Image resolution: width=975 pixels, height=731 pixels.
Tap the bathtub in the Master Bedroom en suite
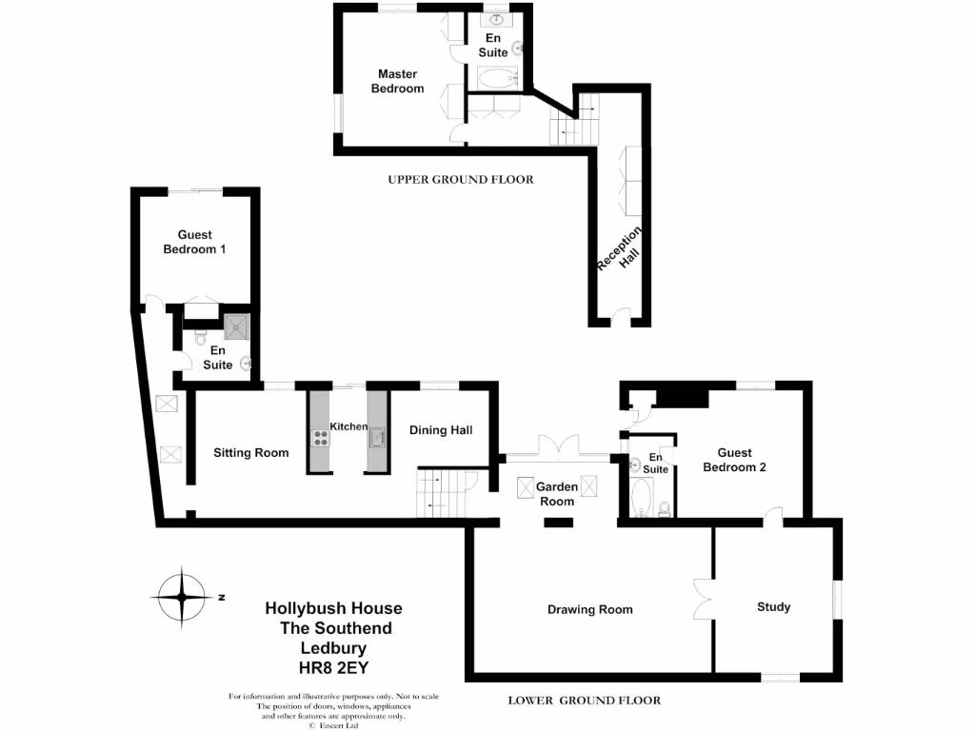pyautogui.click(x=496, y=78)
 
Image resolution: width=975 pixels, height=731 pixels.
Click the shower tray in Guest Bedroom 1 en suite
pyautogui.click(x=236, y=328)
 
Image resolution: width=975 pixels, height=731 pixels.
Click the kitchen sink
pyautogui.click(x=375, y=438)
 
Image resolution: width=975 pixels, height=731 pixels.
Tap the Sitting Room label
pyautogui.click(x=250, y=453)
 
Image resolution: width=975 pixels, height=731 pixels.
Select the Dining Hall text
pyautogui.click(x=441, y=430)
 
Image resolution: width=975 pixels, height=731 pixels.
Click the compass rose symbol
pyautogui.click(x=180, y=598)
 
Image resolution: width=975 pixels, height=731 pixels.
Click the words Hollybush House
pyautogui.click(x=333, y=608)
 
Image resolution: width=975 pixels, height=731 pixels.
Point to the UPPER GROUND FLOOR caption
pyautogui.click(x=460, y=179)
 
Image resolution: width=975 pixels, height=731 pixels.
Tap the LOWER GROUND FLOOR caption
pyautogui.click(x=584, y=701)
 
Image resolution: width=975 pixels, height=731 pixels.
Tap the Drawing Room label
pyautogui.click(x=589, y=610)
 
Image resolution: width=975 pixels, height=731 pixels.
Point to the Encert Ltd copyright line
pyautogui.click(x=333, y=724)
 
